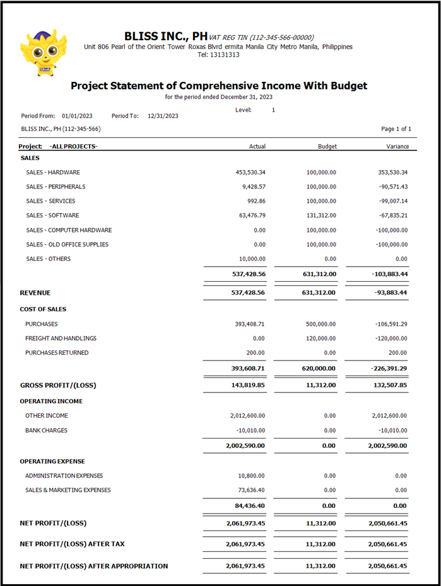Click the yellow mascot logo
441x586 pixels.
point(43,52)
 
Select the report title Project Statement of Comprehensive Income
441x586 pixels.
point(218,86)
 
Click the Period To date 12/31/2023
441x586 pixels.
point(163,116)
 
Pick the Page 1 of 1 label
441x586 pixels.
point(396,129)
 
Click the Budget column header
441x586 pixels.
point(327,146)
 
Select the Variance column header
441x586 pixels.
point(397,146)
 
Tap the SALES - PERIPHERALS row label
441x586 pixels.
point(56,187)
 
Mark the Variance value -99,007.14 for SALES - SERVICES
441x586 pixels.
point(391,201)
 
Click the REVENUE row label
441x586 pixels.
point(35,293)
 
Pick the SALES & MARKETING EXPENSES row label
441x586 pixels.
point(68,490)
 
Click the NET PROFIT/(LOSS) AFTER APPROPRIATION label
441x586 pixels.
point(94,566)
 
